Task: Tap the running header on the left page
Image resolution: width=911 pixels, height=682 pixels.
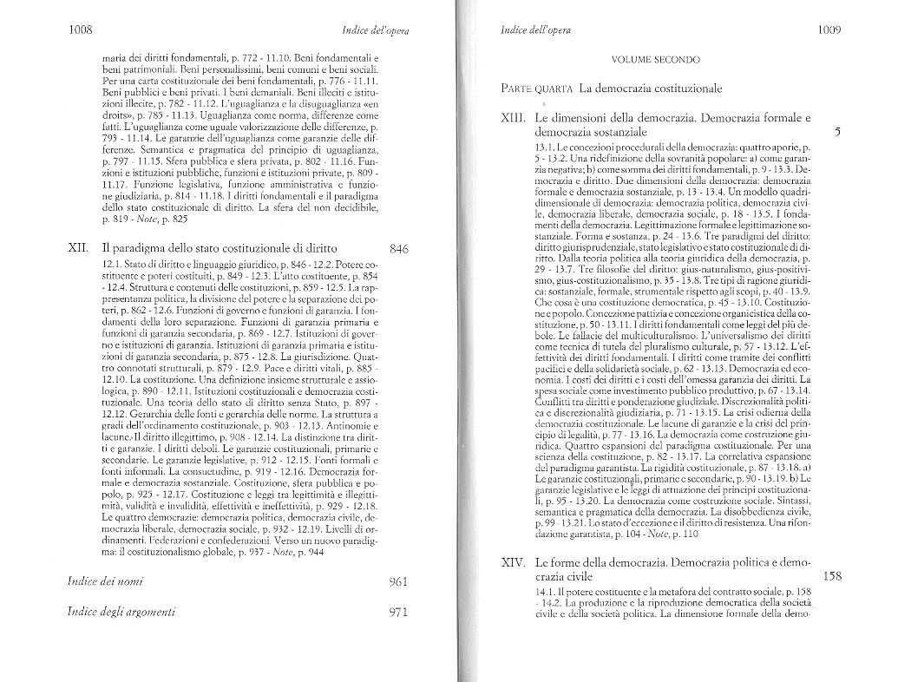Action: [375, 32]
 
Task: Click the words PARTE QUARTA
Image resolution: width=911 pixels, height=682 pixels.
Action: [537, 89]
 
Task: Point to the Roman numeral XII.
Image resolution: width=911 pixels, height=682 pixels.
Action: [77, 247]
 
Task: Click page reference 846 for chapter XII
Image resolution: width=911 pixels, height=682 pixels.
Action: [399, 248]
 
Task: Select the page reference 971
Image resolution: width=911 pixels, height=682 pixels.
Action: [399, 611]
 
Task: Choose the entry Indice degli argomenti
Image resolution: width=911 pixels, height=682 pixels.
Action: [121, 611]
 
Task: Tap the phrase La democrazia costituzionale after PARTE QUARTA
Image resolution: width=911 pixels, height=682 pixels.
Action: [651, 89]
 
